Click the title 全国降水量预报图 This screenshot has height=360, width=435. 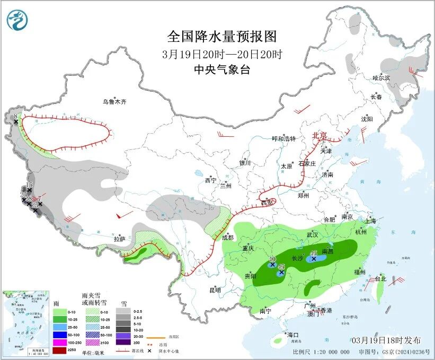(x=221, y=37)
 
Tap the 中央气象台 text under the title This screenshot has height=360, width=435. (x=221, y=70)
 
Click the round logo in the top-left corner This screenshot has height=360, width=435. (x=17, y=20)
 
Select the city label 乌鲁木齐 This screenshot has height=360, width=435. (x=115, y=102)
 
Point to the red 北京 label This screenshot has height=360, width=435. (x=320, y=135)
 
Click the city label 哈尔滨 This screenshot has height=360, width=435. (x=380, y=78)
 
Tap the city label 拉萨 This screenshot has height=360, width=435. (x=120, y=240)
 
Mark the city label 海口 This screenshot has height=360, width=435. (x=293, y=335)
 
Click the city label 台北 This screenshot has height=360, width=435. (x=381, y=278)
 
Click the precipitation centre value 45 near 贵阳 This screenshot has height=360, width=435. (x=282, y=267)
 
